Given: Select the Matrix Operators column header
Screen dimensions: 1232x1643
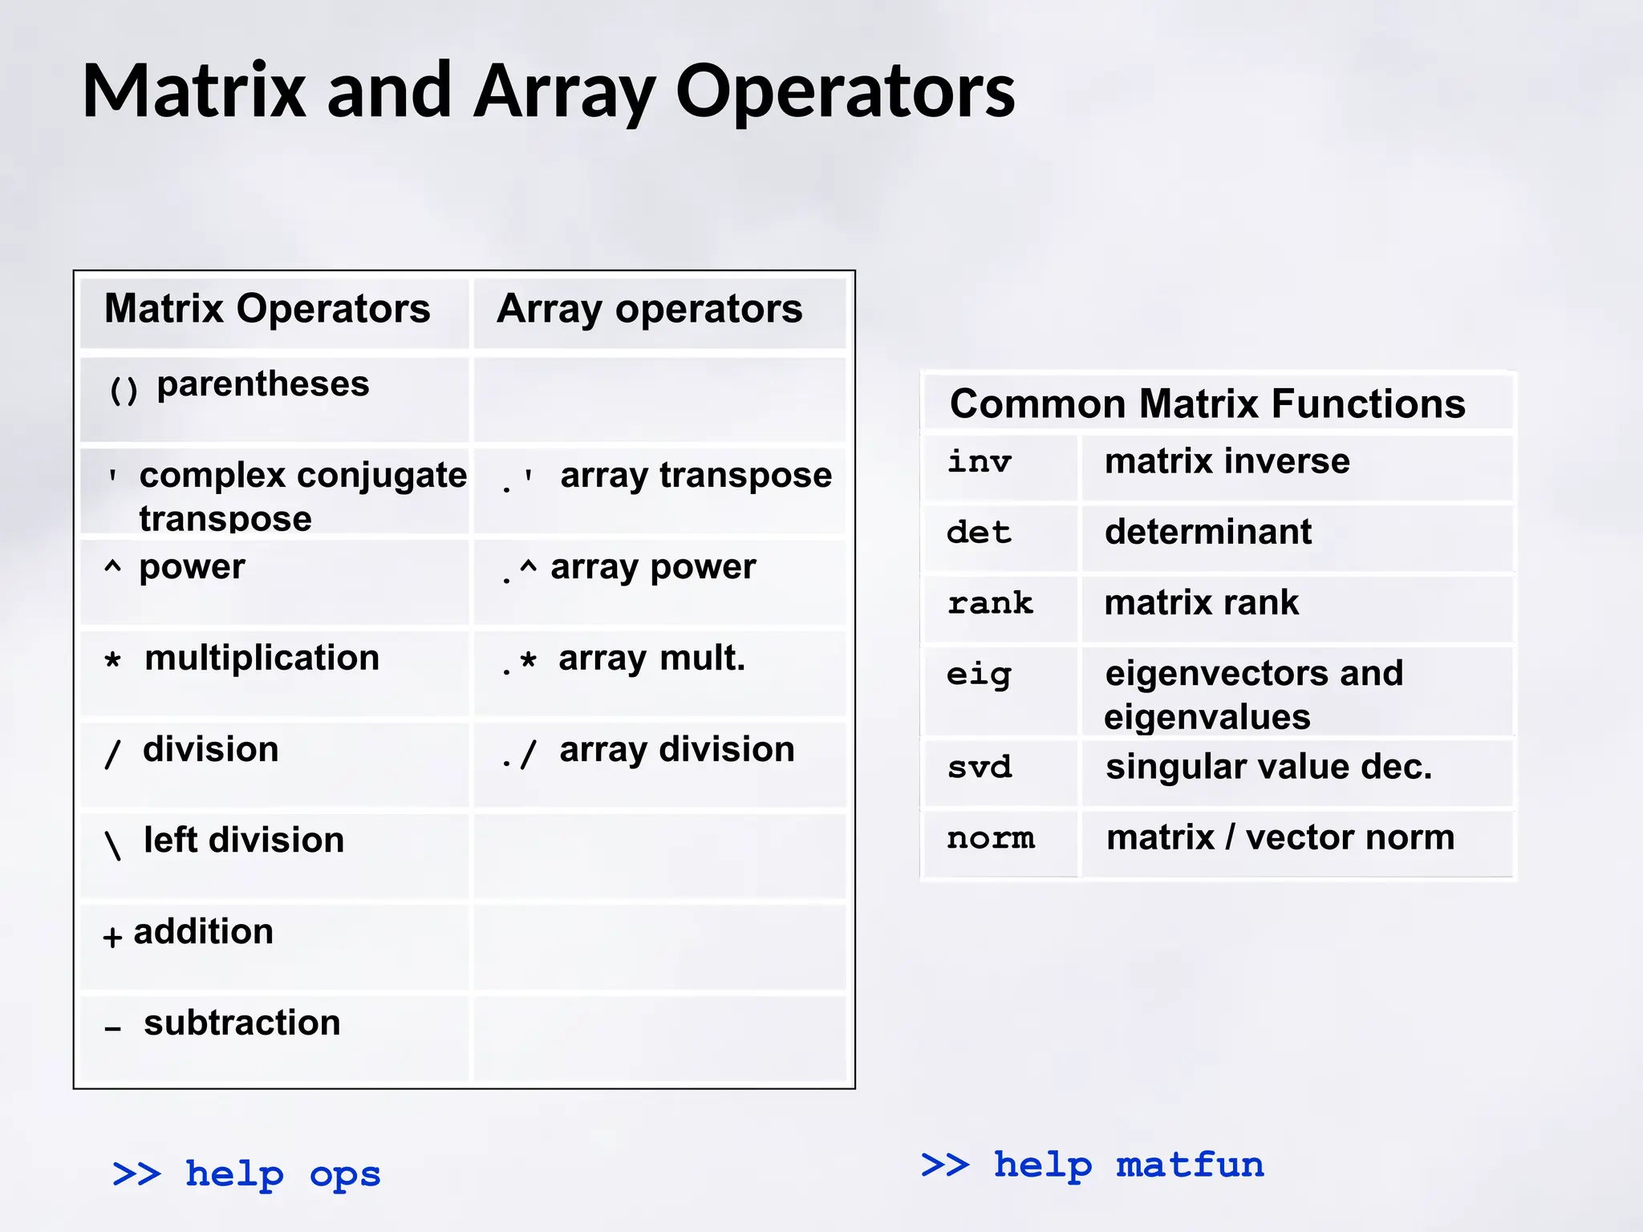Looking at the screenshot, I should click(x=267, y=309).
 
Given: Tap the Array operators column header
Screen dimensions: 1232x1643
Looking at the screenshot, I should click(x=649, y=309).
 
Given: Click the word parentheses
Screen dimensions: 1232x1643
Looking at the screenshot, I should click(x=262, y=384).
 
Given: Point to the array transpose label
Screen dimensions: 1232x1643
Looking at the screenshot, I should click(x=696, y=476).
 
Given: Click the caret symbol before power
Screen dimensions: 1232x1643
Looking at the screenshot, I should click(x=113, y=568).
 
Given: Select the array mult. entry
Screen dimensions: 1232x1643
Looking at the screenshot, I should click(x=651, y=659).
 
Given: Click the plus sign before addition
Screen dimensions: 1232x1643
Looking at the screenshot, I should click(x=112, y=936).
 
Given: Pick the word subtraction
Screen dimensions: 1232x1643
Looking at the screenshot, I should click(x=241, y=1023).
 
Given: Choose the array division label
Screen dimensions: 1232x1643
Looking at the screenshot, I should click(x=676, y=750).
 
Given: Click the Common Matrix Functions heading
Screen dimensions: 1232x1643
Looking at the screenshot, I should click(x=1207, y=403).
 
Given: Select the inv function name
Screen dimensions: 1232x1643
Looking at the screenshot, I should click(x=979, y=462).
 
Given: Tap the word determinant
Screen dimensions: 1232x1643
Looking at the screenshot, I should click(x=1207, y=532).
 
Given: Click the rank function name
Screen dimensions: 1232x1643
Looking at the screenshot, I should click(x=990, y=603).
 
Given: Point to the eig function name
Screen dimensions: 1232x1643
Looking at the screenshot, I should click(x=979, y=675).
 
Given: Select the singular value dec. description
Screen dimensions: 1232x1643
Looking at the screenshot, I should click(x=1268, y=767).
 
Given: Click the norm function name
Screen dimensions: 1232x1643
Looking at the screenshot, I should click(x=991, y=838).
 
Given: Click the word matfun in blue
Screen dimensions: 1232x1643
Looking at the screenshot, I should click(x=1190, y=1165).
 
